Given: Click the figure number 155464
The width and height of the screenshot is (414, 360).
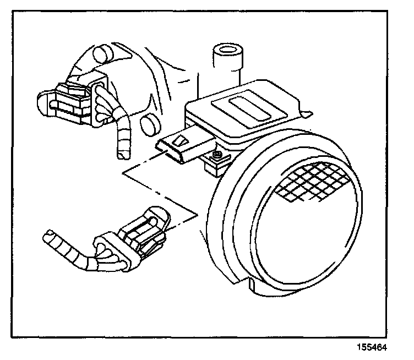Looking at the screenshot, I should click(x=372, y=348).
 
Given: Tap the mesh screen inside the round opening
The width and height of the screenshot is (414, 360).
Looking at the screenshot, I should click(x=311, y=182).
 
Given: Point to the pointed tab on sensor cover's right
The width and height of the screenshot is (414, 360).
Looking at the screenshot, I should click(x=307, y=114).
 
